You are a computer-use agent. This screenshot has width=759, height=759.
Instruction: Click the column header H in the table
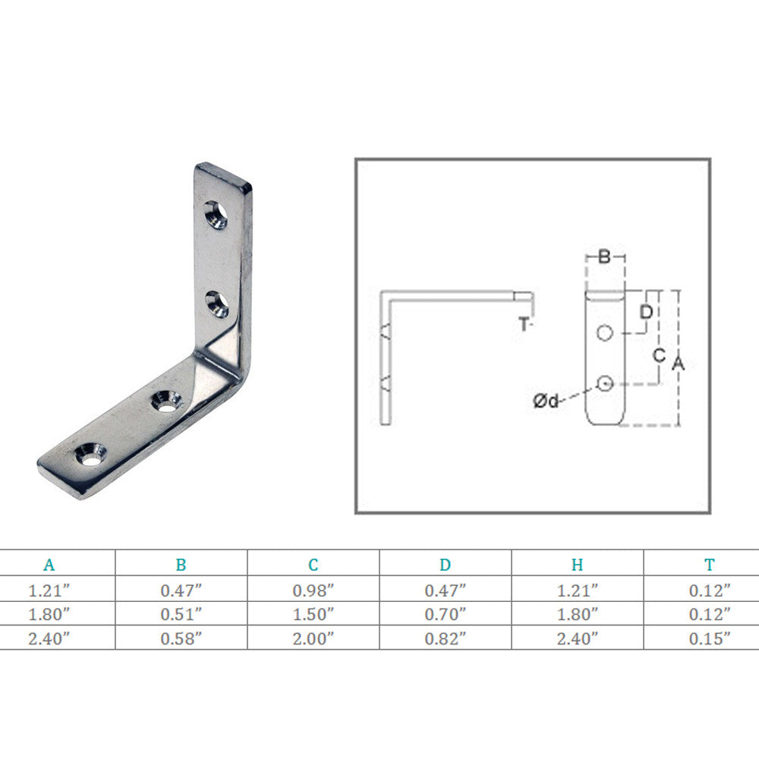click(577, 565)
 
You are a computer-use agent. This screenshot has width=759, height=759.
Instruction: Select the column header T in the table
click(709, 565)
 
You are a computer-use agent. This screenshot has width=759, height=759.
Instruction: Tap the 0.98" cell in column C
click(313, 590)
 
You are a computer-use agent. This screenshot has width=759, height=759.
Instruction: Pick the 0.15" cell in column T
click(709, 638)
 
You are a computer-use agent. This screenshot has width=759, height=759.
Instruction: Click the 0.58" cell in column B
click(181, 638)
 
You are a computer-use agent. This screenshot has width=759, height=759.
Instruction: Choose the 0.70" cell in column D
click(446, 614)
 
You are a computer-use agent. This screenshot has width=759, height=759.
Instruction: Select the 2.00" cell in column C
click(313, 638)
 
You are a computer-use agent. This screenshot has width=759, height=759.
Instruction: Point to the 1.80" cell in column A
click(49, 614)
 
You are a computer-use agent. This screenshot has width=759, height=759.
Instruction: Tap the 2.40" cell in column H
click(577, 638)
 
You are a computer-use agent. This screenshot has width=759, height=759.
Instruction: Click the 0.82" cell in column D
click(446, 638)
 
